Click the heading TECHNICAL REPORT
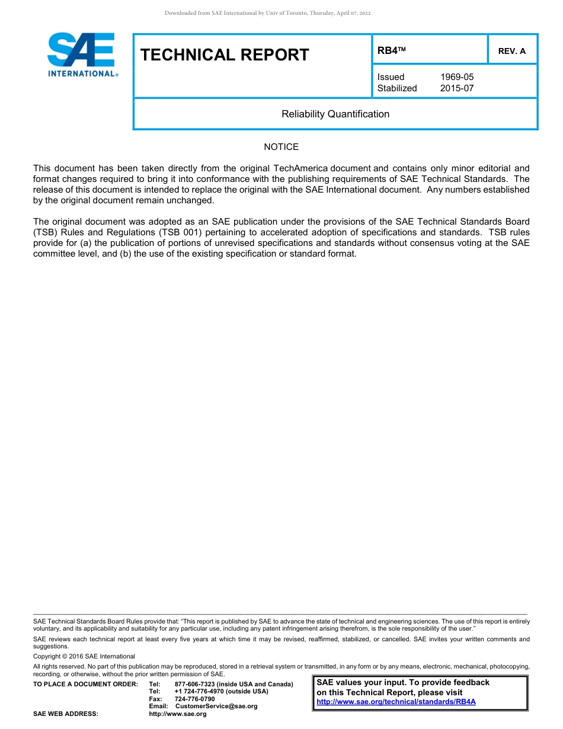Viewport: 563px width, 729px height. coord(225,55)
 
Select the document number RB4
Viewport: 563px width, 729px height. coord(389,51)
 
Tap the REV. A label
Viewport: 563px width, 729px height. coord(511,51)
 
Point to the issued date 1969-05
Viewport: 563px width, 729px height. coord(457,77)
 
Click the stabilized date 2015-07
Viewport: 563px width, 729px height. coord(457,88)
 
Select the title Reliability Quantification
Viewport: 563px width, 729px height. coord(335,114)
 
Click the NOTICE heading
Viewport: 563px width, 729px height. coord(281,147)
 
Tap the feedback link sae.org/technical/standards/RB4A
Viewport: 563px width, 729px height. coord(396,702)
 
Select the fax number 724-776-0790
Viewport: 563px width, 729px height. coord(195,699)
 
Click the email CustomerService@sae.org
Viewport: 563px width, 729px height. coord(216,706)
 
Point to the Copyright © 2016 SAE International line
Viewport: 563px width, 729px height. coord(84,657)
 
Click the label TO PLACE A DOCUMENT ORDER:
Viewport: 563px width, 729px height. coord(85,685)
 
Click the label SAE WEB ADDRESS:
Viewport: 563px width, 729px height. coord(66,714)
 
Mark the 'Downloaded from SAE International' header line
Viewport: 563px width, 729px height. coord(267,13)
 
